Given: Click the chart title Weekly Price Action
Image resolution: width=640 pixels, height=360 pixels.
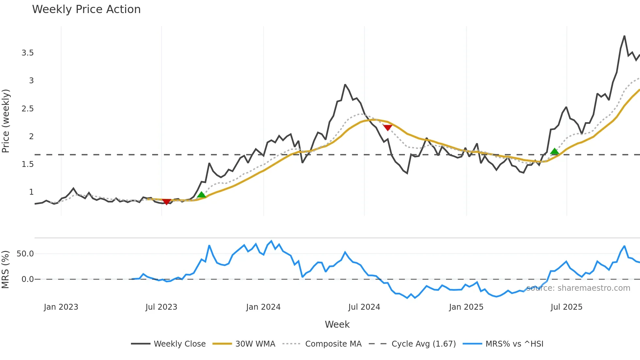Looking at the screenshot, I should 86,9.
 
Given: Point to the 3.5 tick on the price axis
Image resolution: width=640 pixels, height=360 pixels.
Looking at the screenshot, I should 28,53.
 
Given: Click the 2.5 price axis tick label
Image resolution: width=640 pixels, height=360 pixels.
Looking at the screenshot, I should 28,108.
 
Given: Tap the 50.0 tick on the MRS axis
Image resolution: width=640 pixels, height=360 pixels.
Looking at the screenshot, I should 25,254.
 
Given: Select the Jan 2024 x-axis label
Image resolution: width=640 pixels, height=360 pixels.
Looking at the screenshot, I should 263,307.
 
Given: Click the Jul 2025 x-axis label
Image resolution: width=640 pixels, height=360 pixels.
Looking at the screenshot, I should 566,307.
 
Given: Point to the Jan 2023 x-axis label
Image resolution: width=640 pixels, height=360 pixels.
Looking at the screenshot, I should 61,307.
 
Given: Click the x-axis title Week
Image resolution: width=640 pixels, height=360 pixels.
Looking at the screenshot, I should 337,324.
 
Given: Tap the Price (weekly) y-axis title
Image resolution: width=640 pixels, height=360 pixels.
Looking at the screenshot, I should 6,121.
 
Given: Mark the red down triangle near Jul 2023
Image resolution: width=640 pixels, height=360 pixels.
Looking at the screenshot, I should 167,202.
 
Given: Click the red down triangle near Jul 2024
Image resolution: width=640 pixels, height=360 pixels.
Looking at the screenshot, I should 388,127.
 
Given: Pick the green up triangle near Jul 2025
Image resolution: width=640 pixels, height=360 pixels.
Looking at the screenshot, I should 554,151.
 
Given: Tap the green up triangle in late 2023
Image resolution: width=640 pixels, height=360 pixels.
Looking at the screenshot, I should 201,195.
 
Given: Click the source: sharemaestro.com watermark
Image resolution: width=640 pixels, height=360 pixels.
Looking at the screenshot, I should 578,288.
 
